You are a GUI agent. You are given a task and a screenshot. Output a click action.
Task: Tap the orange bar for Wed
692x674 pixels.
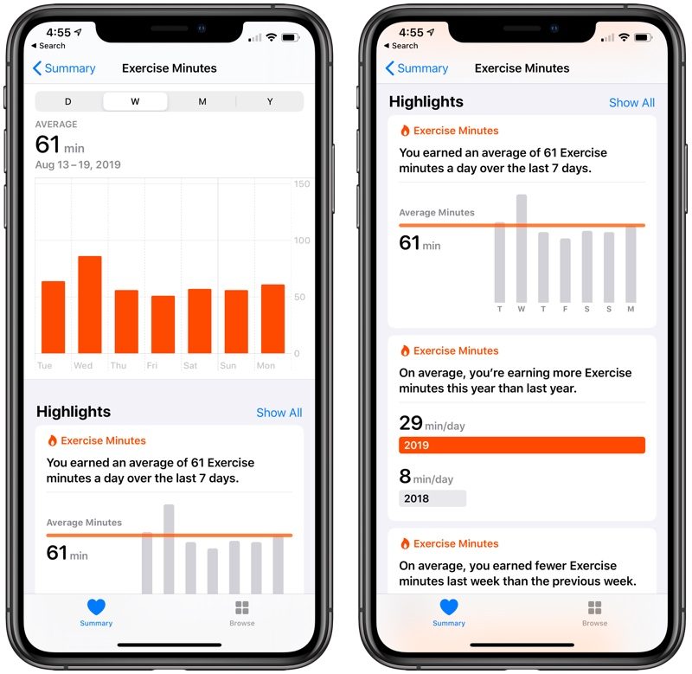point(90,305)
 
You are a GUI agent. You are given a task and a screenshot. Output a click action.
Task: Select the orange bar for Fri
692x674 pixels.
point(163,324)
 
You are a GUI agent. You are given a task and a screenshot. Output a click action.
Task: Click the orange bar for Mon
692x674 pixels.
point(272,318)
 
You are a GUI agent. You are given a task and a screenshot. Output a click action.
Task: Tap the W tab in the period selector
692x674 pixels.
point(135,101)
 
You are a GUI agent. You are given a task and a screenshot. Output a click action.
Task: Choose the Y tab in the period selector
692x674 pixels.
point(270,101)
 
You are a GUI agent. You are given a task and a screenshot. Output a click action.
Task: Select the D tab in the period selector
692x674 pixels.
point(68,101)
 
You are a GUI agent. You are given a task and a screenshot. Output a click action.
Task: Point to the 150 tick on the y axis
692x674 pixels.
point(302,184)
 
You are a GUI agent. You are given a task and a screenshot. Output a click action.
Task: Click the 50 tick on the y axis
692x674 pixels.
point(299,297)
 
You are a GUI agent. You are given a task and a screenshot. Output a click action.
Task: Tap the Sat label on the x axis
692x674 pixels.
point(190,365)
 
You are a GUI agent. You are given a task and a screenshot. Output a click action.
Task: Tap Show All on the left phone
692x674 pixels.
point(279,413)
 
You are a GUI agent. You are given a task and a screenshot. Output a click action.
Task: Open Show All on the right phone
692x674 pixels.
point(632,103)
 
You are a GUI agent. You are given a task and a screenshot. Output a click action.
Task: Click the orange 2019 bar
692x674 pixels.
point(522,445)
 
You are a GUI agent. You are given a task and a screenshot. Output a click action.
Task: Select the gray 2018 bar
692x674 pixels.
point(432,498)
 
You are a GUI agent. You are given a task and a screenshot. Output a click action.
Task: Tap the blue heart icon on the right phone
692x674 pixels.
point(449,607)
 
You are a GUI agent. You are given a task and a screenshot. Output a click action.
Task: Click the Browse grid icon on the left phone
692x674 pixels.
point(242,607)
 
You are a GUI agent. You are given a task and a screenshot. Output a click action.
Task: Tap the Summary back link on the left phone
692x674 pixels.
point(64,68)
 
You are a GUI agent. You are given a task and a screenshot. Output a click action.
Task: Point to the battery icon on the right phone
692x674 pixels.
point(643,37)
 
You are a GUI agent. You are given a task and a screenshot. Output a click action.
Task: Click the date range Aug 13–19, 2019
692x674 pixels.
point(78,164)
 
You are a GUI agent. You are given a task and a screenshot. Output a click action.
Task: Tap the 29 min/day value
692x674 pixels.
point(432,423)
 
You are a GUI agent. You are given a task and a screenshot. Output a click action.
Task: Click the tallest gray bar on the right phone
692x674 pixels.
point(522,248)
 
